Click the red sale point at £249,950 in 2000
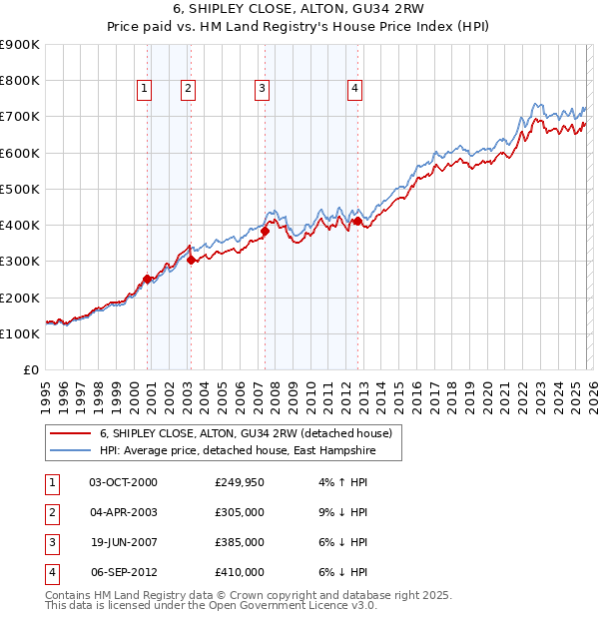click(x=148, y=280)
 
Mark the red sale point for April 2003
click(x=191, y=260)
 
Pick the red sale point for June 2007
click(x=265, y=231)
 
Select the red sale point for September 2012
click(x=356, y=222)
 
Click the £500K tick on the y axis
click(x=20, y=189)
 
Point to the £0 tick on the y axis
click(x=30, y=369)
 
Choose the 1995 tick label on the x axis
click(x=46, y=394)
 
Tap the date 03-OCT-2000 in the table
click(x=123, y=482)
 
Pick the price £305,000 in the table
click(x=240, y=512)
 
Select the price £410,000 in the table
click(x=240, y=572)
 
